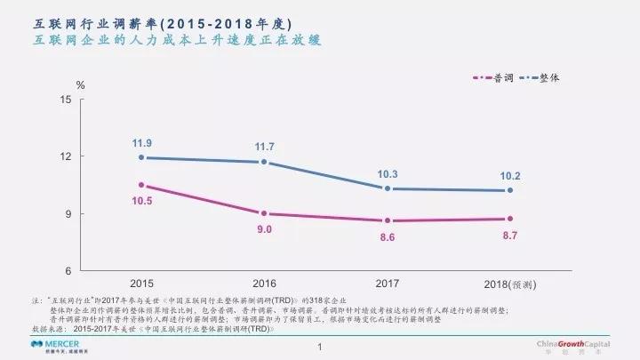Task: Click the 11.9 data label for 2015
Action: pyautogui.click(x=142, y=142)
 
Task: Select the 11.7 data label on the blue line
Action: pyautogui.click(x=265, y=146)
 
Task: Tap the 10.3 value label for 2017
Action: pyautogui.click(x=388, y=173)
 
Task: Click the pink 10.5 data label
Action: pyautogui.click(x=142, y=201)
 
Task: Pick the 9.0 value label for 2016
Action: pyautogui.click(x=265, y=229)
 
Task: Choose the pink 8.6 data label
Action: pyautogui.click(x=388, y=237)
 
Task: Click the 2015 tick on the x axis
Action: pyautogui.click(x=142, y=284)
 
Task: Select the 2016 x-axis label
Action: pyautogui.click(x=265, y=284)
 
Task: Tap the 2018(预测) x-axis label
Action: pyautogui.click(x=508, y=284)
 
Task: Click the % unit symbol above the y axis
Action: pyautogui.click(x=80, y=85)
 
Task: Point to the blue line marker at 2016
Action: pyautogui.click(x=265, y=162)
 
